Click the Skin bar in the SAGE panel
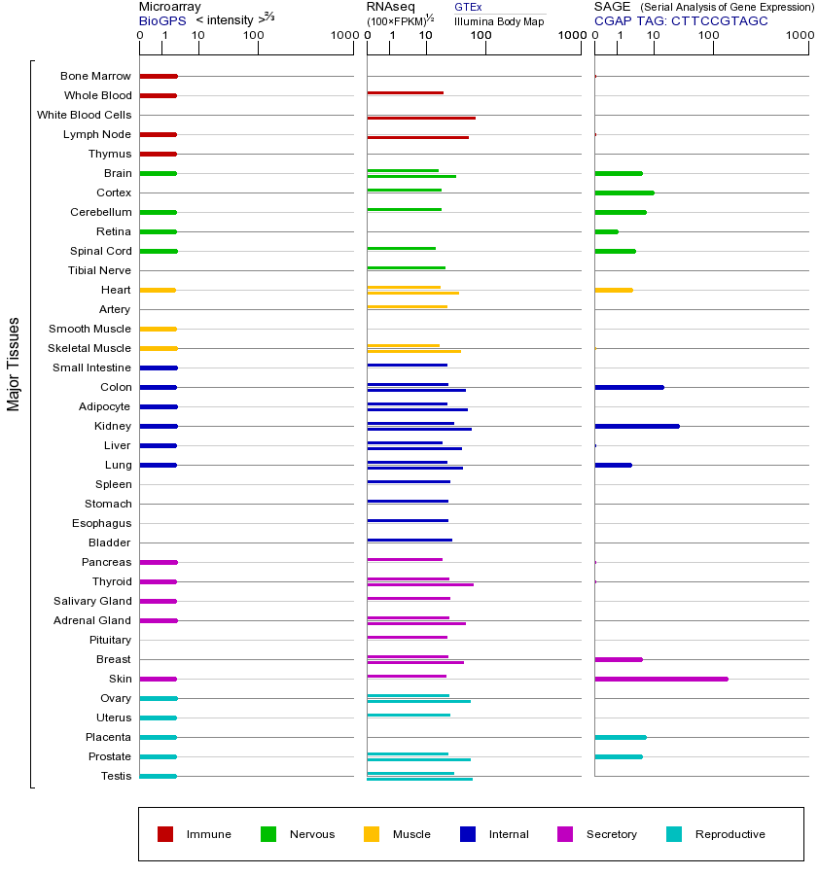pyautogui.click(x=660, y=679)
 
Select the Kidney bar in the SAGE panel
pyautogui.click(x=636, y=426)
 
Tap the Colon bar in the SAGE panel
pyautogui.click(x=628, y=387)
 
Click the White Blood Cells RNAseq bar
pyautogui.click(x=421, y=118)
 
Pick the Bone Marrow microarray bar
pyautogui.click(x=159, y=76)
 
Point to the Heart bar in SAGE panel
pyautogui.click(x=613, y=290)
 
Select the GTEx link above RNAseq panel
pyautogui.click(x=468, y=7)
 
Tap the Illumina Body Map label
pyautogui.click(x=499, y=20)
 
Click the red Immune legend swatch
pyautogui.click(x=165, y=834)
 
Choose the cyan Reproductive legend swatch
pyautogui.click(x=674, y=834)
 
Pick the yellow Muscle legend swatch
pyautogui.click(x=372, y=834)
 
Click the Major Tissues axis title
pyautogui.click(x=14, y=364)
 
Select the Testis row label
pyautogui.click(x=116, y=776)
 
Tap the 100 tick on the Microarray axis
pyautogui.click(x=254, y=36)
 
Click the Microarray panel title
pyautogui.click(x=169, y=7)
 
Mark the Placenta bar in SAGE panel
pyautogui.click(x=620, y=737)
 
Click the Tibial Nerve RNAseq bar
pyautogui.click(x=406, y=267)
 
